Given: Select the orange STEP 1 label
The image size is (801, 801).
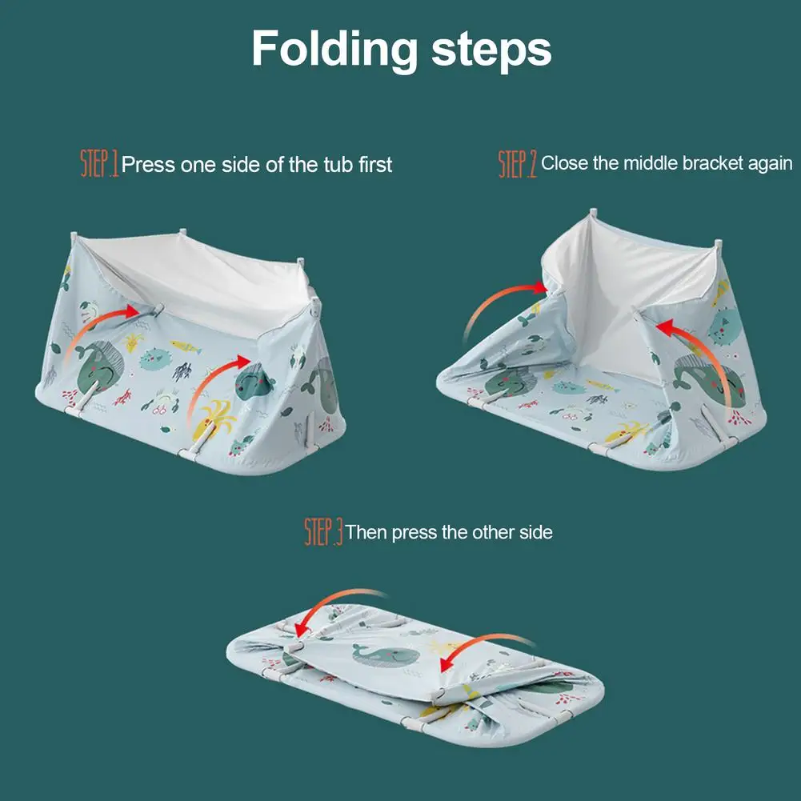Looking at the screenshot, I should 99,164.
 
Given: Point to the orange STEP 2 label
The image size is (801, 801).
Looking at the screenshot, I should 518,163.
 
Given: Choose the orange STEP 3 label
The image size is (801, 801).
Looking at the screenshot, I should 323,531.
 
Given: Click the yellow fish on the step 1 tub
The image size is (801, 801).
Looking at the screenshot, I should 184,346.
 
